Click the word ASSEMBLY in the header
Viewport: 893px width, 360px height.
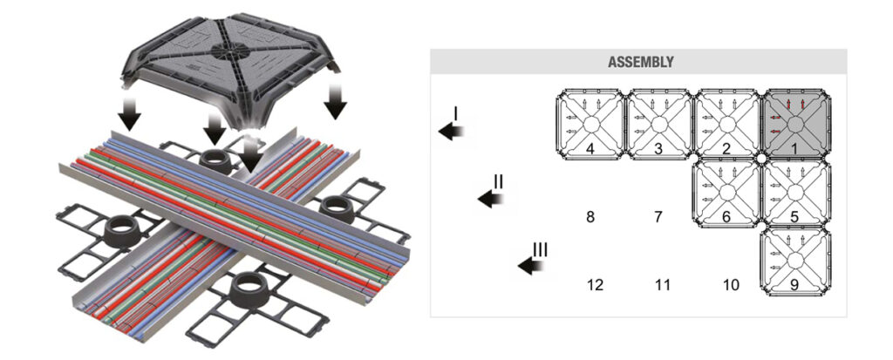pyautogui.click(x=639, y=62)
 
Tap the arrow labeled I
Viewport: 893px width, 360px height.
pyautogui.click(x=451, y=131)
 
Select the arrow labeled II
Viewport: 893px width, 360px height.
pyautogui.click(x=491, y=199)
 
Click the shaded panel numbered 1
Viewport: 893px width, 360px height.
pyautogui.click(x=794, y=125)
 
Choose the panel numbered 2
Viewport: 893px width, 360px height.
pyautogui.click(x=726, y=125)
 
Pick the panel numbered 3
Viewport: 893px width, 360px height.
pyautogui.click(x=659, y=125)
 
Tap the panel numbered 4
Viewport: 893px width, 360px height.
pyautogui.click(x=590, y=125)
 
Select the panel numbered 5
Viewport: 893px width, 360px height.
pyautogui.click(x=794, y=193)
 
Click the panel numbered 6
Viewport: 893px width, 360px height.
pyautogui.click(x=726, y=193)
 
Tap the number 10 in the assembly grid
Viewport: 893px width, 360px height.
pyautogui.click(x=731, y=284)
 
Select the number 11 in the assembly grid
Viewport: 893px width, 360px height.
pyautogui.click(x=663, y=284)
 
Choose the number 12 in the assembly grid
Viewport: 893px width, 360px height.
pyautogui.click(x=595, y=284)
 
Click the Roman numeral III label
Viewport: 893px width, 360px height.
pyautogui.click(x=540, y=250)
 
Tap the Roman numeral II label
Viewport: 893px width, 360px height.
pyautogui.click(x=498, y=182)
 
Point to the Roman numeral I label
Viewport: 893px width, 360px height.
pyautogui.click(x=455, y=113)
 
